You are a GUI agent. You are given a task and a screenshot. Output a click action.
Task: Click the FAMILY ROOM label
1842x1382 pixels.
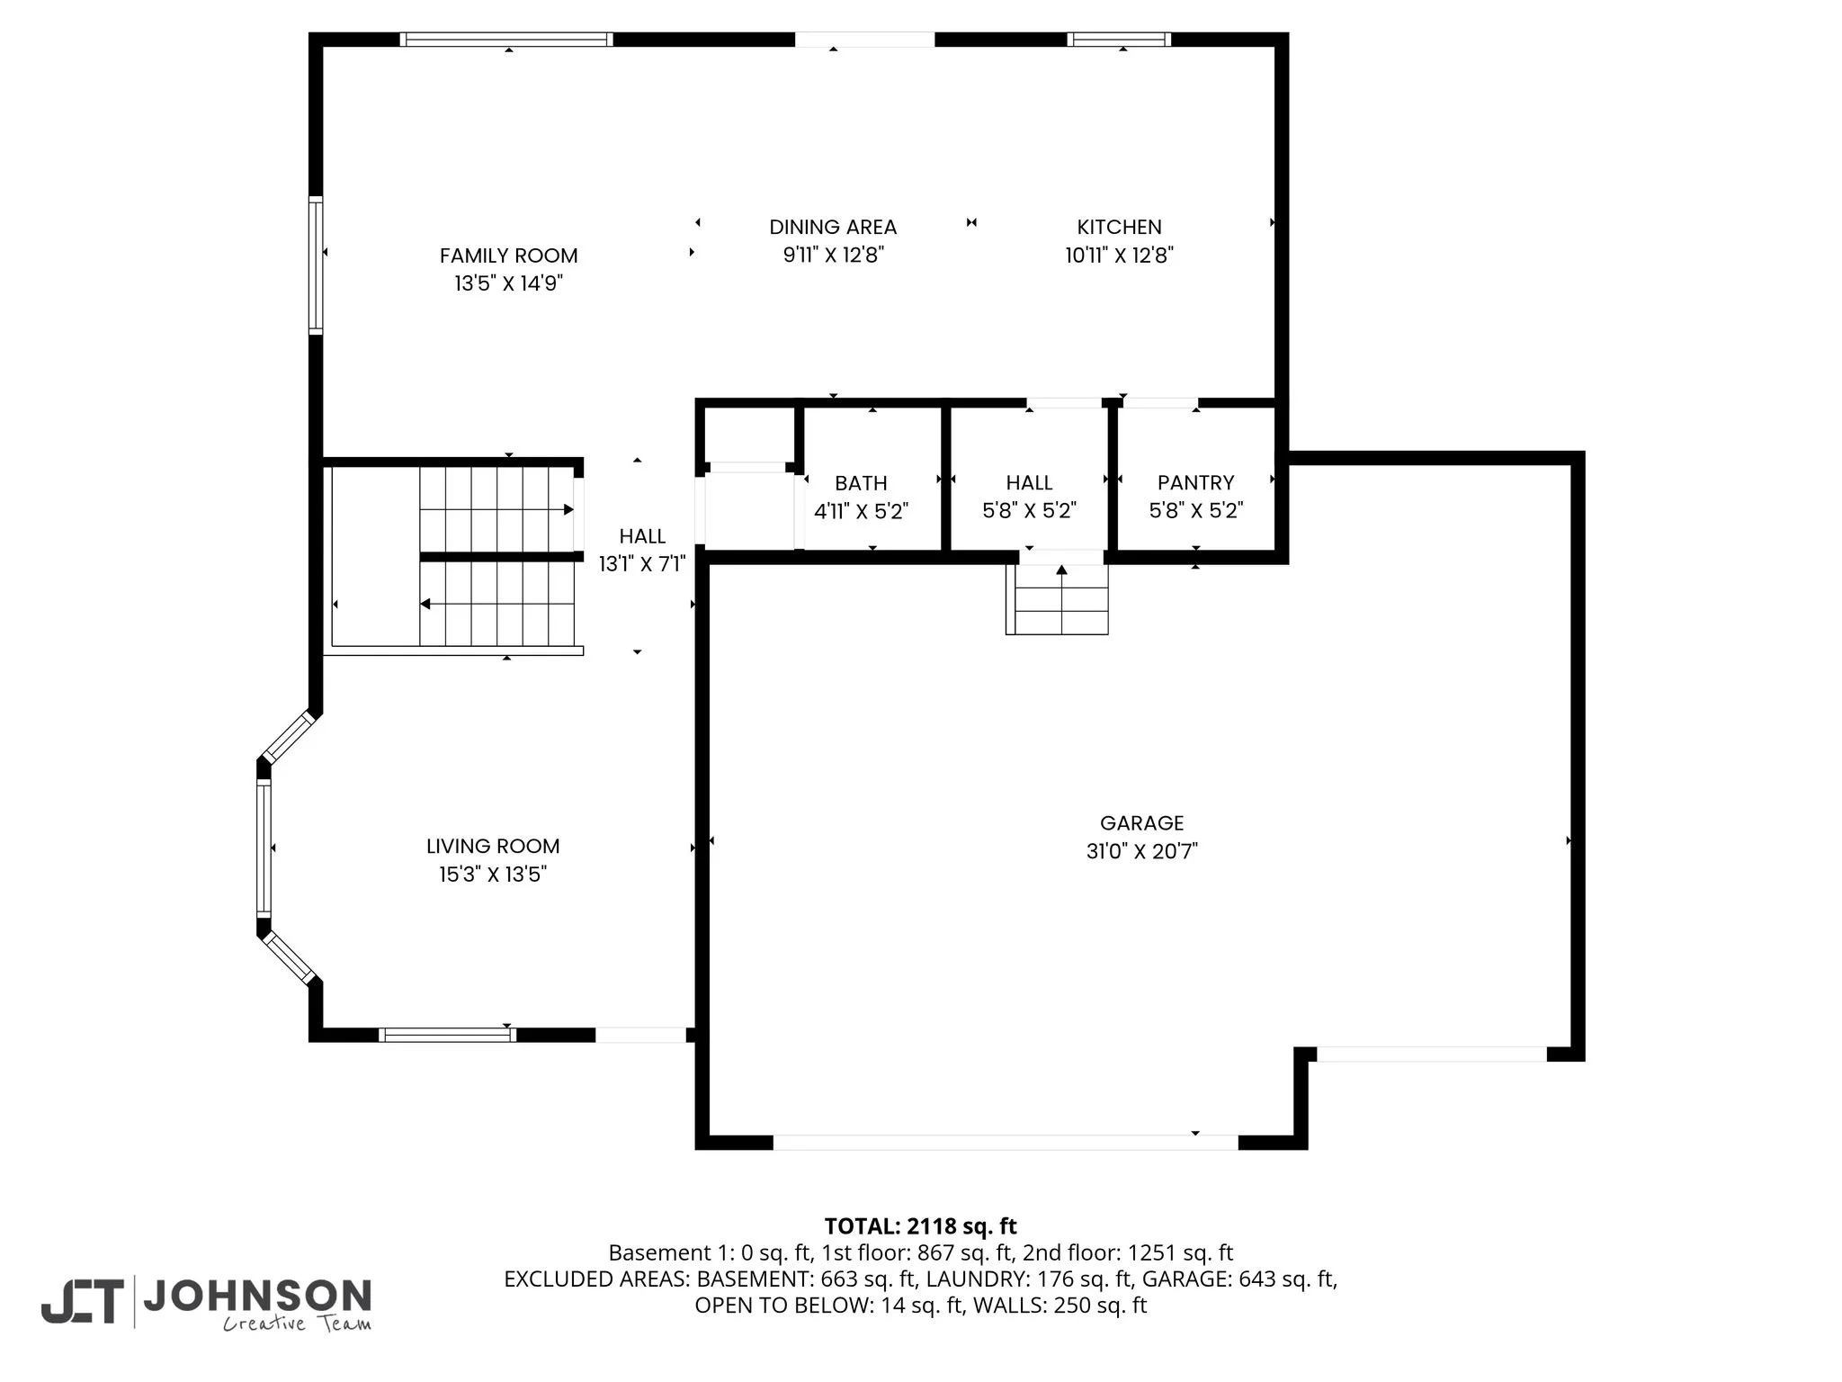point(508,256)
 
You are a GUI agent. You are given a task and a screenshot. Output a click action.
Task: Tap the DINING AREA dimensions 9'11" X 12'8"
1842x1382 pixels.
point(833,256)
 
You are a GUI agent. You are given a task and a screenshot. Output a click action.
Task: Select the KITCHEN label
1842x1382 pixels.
point(1119,227)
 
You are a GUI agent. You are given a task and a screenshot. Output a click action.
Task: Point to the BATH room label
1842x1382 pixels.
point(861,483)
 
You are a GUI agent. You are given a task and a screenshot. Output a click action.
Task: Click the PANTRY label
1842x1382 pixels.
point(1195,483)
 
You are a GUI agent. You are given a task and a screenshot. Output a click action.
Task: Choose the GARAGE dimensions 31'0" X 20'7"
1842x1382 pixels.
point(1141,851)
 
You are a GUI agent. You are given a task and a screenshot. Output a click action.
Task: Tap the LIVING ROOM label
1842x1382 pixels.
point(493,846)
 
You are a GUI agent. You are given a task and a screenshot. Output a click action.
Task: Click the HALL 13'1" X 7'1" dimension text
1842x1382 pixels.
point(642,564)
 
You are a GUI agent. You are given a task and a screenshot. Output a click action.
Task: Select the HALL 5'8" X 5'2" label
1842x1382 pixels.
point(1029,483)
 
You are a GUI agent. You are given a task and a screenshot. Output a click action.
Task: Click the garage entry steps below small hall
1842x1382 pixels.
point(1058,601)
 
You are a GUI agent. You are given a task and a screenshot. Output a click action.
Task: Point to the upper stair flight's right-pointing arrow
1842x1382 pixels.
point(568,509)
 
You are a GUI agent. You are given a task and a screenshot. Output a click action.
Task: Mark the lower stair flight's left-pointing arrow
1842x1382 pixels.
point(425,604)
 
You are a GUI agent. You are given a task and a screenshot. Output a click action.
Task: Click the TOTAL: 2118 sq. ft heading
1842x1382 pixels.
point(920,1226)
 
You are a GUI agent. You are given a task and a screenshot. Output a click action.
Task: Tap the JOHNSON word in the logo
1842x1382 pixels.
point(257,1296)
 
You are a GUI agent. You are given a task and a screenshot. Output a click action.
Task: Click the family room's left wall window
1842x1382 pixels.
point(316,265)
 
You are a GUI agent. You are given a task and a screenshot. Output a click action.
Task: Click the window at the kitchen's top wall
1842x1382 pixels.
point(1119,39)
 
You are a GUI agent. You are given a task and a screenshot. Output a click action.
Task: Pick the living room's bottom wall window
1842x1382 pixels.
point(447,1035)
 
